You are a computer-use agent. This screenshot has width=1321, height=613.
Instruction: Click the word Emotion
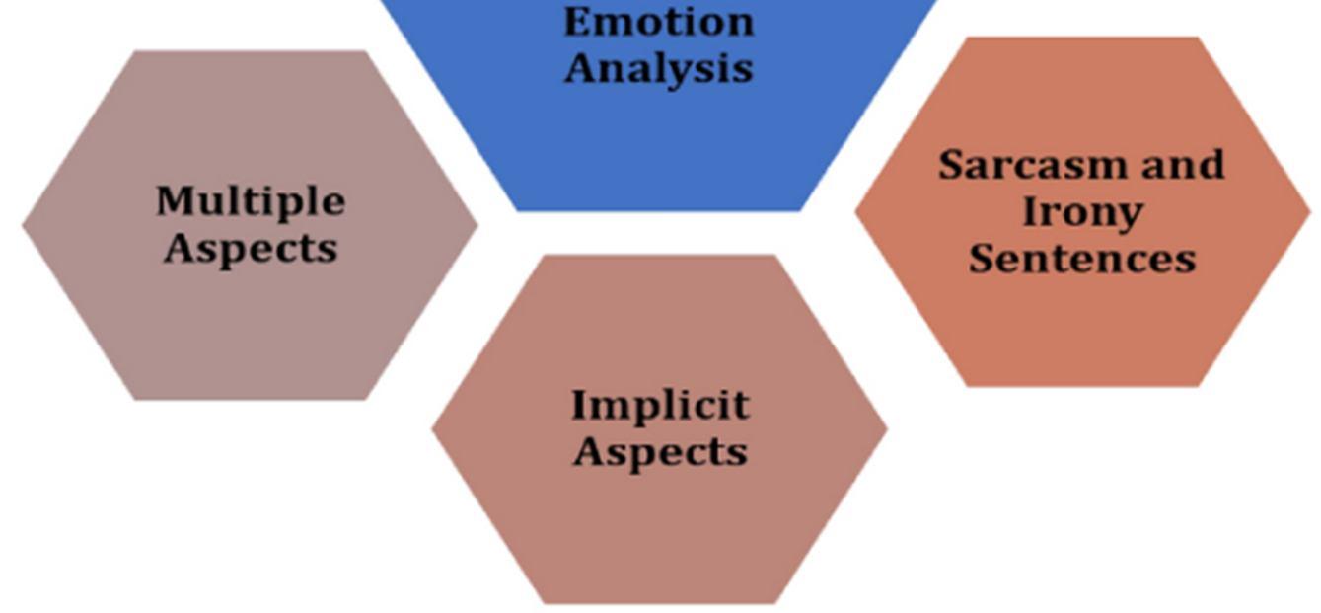pyautogui.click(x=658, y=22)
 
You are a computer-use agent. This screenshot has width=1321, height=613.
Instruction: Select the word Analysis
pyautogui.click(x=658, y=69)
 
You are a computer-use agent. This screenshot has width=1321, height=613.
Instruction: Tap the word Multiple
pyautogui.click(x=251, y=202)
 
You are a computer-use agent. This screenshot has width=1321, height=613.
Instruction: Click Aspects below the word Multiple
pyautogui.click(x=251, y=248)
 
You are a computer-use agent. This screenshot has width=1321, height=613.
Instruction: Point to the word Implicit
pyautogui.click(x=660, y=405)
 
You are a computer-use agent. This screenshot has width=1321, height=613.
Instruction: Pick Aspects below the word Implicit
pyautogui.click(x=660, y=452)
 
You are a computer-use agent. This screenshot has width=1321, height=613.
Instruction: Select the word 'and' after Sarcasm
pyautogui.click(x=1183, y=165)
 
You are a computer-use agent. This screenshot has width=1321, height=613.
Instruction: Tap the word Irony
pyautogui.click(x=1082, y=211)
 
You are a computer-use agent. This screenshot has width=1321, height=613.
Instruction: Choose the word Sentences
pyautogui.click(x=1082, y=259)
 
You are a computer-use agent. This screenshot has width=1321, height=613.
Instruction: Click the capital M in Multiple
pyautogui.click(x=174, y=202)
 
